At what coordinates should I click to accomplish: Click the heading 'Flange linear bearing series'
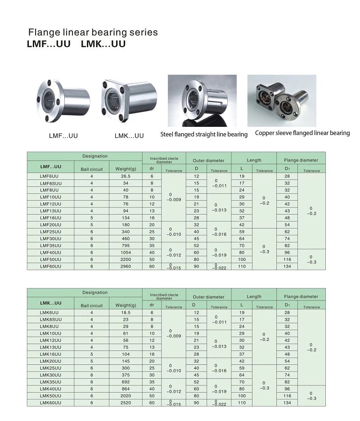click(x=93, y=32)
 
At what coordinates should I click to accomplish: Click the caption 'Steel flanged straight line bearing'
click(x=204, y=134)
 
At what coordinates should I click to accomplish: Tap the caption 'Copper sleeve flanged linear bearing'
click(x=302, y=133)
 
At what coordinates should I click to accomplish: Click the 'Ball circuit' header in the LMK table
click(x=92, y=305)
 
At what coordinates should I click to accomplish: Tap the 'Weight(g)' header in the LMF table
click(x=126, y=169)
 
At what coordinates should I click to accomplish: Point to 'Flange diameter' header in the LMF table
click(x=301, y=160)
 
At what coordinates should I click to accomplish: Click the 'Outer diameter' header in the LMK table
click(x=208, y=297)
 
